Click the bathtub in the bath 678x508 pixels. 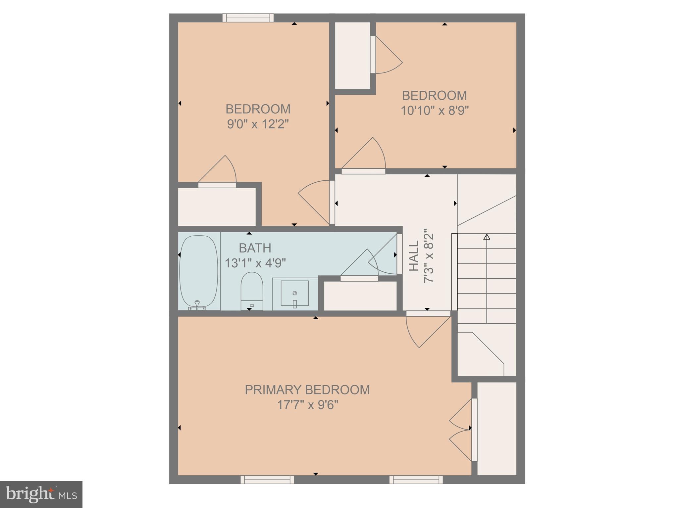coord(199,271)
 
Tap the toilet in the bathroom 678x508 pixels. coord(252,290)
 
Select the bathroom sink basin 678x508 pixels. coord(294,293)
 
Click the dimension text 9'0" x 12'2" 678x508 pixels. coord(258,124)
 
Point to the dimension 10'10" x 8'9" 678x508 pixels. coord(435,111)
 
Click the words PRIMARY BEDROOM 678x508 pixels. coord(307,390)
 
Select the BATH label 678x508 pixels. coord(255,248)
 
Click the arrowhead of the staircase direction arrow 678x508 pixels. coord(487,237)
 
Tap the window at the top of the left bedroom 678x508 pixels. coord(248,18)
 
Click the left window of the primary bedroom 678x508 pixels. coord(267,480)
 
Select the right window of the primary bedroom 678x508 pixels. coord(416,480)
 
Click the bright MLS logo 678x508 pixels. coord(41,494)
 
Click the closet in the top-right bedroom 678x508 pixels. coord(352,55)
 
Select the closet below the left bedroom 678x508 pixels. coord(217,207)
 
